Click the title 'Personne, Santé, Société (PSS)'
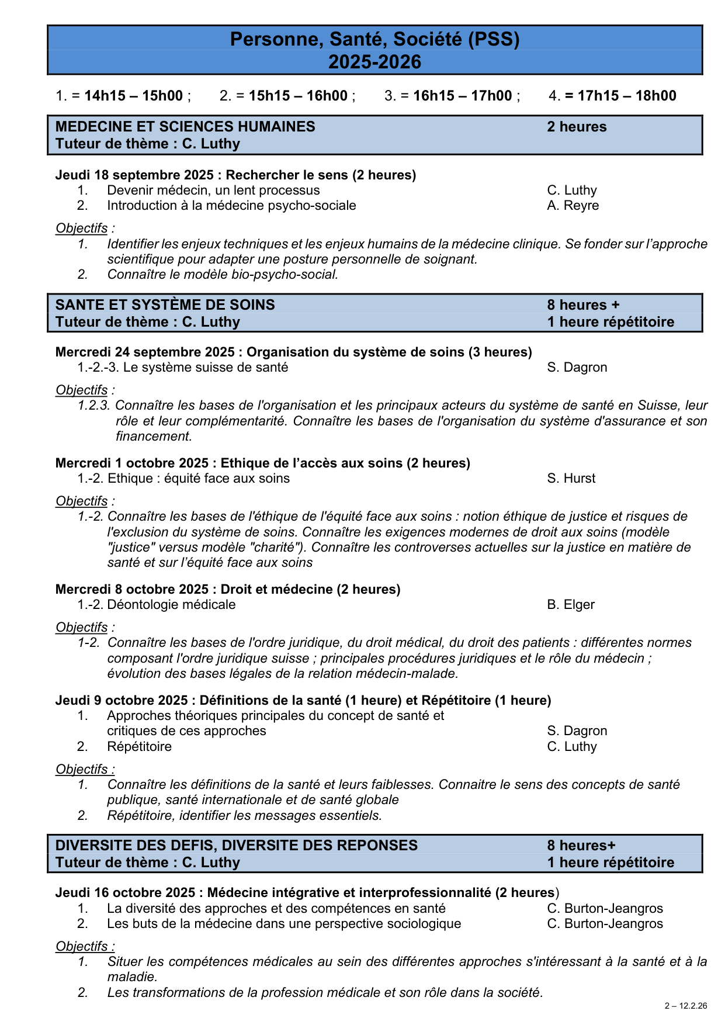tap(374, 39)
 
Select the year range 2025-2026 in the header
tap(374, 62)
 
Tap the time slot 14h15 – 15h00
tap(134, 96)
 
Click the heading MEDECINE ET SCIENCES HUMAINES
tap(185, 127)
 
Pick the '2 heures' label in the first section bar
tap(577, 127)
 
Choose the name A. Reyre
tap(573, 206)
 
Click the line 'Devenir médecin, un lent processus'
tap(213, 191)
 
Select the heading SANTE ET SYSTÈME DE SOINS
tap(165, 305)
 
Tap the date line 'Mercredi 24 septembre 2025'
tap(145, 352)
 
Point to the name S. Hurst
tap(571, 479)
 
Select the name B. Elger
tap(570, 605)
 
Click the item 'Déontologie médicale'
tap(171, 605)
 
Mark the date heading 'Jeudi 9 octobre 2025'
tap(122, 701)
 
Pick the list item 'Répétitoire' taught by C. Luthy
tap(139, 747)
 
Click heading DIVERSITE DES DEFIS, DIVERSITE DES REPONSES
tap(237, 846)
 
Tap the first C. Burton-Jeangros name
tap(605, 909)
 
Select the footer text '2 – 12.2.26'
tap(686, 1006)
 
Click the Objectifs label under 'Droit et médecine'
tap(82, 628)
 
